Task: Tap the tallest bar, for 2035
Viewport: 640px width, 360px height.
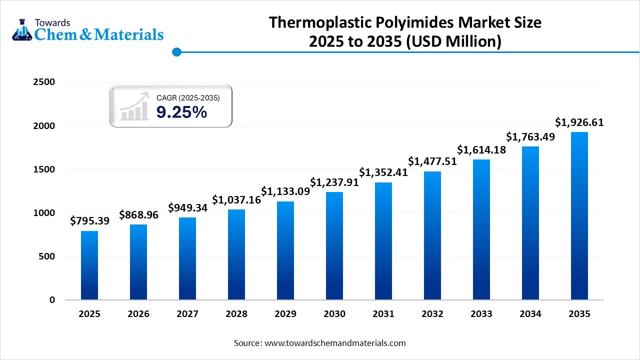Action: (x=579, y=215)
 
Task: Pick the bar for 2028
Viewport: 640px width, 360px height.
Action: (x=236, y=254)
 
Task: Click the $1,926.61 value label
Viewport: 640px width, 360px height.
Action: (x=579, y=122)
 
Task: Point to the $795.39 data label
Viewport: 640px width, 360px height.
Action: (x=89, y=220)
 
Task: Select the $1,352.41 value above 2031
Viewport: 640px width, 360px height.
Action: (x=383, y=172)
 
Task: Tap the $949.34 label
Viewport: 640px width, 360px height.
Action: (x=187, y=207)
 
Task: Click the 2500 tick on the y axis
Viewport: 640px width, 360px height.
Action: (x=44, y=82)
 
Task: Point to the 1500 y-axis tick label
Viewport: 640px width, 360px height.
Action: (x=44, y=169)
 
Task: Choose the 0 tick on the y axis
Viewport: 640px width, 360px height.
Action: (x=52, y=300)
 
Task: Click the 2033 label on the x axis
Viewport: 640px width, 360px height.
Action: (x=481, y=314)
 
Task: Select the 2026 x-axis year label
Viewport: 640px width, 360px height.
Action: (x=138, y=314)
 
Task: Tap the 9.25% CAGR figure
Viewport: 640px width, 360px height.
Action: (x=181, y=112)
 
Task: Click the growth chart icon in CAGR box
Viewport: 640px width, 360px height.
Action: (x=134, y=106)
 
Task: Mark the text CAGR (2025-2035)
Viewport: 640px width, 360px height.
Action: (x=188, y=98)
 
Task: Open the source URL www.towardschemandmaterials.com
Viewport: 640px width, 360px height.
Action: (x=334, y=343)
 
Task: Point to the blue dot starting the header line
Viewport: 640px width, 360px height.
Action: (x=176, y=52)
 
